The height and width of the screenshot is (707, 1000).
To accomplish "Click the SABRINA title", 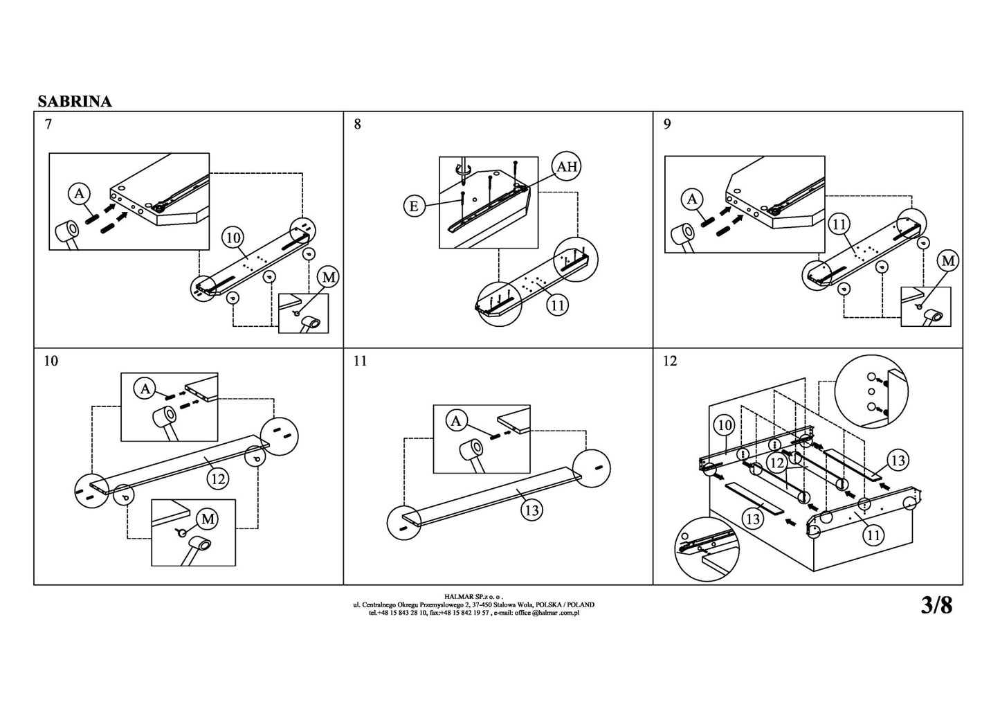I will [75, 101].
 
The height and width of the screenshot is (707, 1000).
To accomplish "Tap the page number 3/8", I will [936, 606].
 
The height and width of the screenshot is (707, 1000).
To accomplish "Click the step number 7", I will [47, 125].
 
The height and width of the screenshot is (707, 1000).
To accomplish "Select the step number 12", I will [670, 361].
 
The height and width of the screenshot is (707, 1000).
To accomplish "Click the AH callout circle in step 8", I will [567, 167].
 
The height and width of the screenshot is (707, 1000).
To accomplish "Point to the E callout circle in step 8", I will [414, 206].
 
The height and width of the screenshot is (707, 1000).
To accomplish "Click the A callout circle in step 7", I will [79, 193].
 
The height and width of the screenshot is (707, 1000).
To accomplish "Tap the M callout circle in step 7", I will [328, 278].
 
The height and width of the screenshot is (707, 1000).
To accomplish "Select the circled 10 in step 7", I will [233, 238].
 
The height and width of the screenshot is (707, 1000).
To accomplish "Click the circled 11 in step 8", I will [558, 305].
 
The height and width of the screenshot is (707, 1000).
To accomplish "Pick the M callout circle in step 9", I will [948, 261].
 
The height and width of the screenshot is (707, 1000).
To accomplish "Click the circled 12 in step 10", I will [219, 478].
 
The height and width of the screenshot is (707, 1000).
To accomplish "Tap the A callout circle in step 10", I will [145, 389].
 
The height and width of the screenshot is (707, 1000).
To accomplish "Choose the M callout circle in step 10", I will [208, 519].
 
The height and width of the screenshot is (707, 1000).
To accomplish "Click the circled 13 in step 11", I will [531, 510].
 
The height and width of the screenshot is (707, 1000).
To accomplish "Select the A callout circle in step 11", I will [456, 420].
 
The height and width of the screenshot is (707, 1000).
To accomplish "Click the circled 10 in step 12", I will [724, 426].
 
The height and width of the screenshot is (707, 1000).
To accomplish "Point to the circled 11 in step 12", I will [874, 535].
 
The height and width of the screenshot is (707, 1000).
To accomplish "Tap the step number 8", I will [357, 125].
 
